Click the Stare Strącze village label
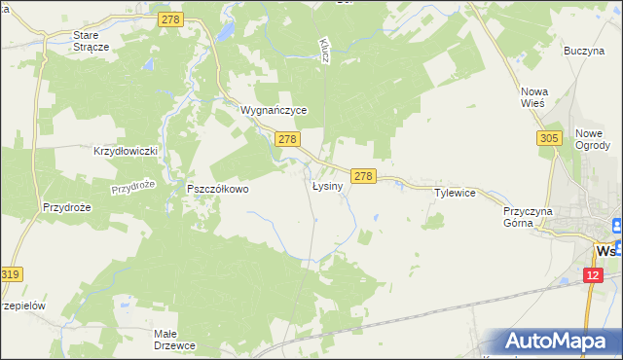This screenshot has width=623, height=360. click(92, 40)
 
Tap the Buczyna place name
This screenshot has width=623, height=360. click(584, 50)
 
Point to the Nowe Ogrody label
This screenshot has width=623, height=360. click(593, 139)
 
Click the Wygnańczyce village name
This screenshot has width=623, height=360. click(274, 111)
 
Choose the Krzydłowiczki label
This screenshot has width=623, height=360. click(125, 151)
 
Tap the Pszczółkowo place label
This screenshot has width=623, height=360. click(218, 189)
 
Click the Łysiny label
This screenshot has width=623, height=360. click(327, 185)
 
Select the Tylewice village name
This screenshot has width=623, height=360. click(455, 193)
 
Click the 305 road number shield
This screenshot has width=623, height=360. click(548, 140)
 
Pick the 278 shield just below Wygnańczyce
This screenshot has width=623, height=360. click(286, 140)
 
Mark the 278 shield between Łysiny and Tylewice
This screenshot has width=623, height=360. click(363, 175)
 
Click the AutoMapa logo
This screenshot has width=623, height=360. click(558, 340)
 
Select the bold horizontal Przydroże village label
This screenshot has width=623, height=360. click(67, 206)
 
